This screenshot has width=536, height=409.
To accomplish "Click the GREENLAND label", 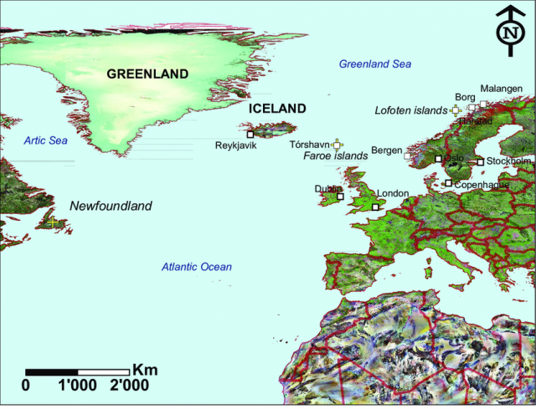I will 147,74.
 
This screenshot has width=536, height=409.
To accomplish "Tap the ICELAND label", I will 277,109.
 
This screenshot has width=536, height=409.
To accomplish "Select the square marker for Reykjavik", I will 250,134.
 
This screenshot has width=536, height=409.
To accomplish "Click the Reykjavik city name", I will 235,145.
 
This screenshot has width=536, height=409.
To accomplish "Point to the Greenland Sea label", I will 374,64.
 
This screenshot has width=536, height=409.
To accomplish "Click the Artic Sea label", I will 45,141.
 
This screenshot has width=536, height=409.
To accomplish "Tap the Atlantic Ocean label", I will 197,267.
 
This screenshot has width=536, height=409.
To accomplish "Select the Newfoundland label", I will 111,206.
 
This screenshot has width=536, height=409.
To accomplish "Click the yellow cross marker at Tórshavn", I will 337,144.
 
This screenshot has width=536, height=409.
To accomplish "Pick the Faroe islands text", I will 335,156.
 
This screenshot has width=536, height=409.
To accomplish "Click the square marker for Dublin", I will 340,197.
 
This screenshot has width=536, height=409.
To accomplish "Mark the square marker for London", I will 374,207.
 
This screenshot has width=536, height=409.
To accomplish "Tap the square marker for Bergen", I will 408,156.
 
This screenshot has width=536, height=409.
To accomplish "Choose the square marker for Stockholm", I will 480,162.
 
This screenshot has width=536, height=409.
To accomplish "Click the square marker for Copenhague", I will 448,183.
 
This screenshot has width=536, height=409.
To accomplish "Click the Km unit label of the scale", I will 145,370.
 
